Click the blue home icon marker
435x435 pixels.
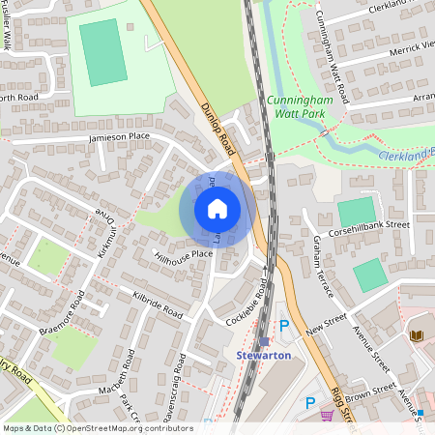pyautogui.click(x=217, y=209)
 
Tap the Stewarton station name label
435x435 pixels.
pyautogui.click(x=263, y=355)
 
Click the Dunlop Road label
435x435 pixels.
pyautogui.click(x=217, y=130)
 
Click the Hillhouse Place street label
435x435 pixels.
pyautogui.click(x=183, y=254)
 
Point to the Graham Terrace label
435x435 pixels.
pyautogui.click(x=322, y=267)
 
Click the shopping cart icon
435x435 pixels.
pyautogui.click(x=327, y=416)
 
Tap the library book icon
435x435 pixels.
pyautogui.click(x=417, y=335)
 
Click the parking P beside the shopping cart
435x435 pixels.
pyautogui.click(x=310, y=403)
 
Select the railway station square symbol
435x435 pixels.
pyautogui.click(x=263, y=340)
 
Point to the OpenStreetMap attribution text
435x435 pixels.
pyautogui.click(x=97, y=428)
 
